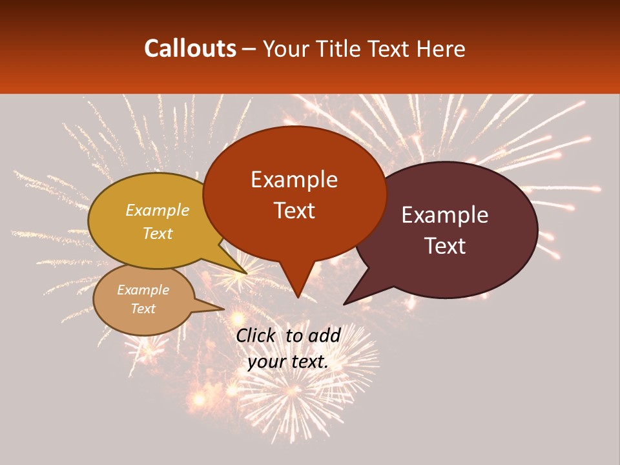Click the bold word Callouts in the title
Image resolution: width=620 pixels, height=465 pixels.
click(x=190, y=48)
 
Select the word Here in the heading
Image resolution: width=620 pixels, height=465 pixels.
click(x=440, y=48)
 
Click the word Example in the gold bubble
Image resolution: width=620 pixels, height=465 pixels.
click(x=158, y=211)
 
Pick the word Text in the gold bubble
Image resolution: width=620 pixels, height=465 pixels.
click(x=158, y=233)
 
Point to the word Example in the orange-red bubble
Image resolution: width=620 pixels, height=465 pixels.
click(x=294, y=180)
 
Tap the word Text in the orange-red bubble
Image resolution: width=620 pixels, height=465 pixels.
click(x=294, y=211)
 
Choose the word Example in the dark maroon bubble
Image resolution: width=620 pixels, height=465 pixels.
click(x=445, y=215)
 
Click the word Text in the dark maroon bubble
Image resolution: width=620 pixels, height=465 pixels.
click(x=445, y=246)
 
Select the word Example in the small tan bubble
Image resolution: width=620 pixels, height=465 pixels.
click(x=143, y=290)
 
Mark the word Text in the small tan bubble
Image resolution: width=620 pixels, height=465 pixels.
click(x=143, y=309)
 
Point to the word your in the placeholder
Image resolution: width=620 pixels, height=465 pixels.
click(x=266, y=361)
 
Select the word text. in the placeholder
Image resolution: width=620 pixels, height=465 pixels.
click(x=309, y=361)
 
